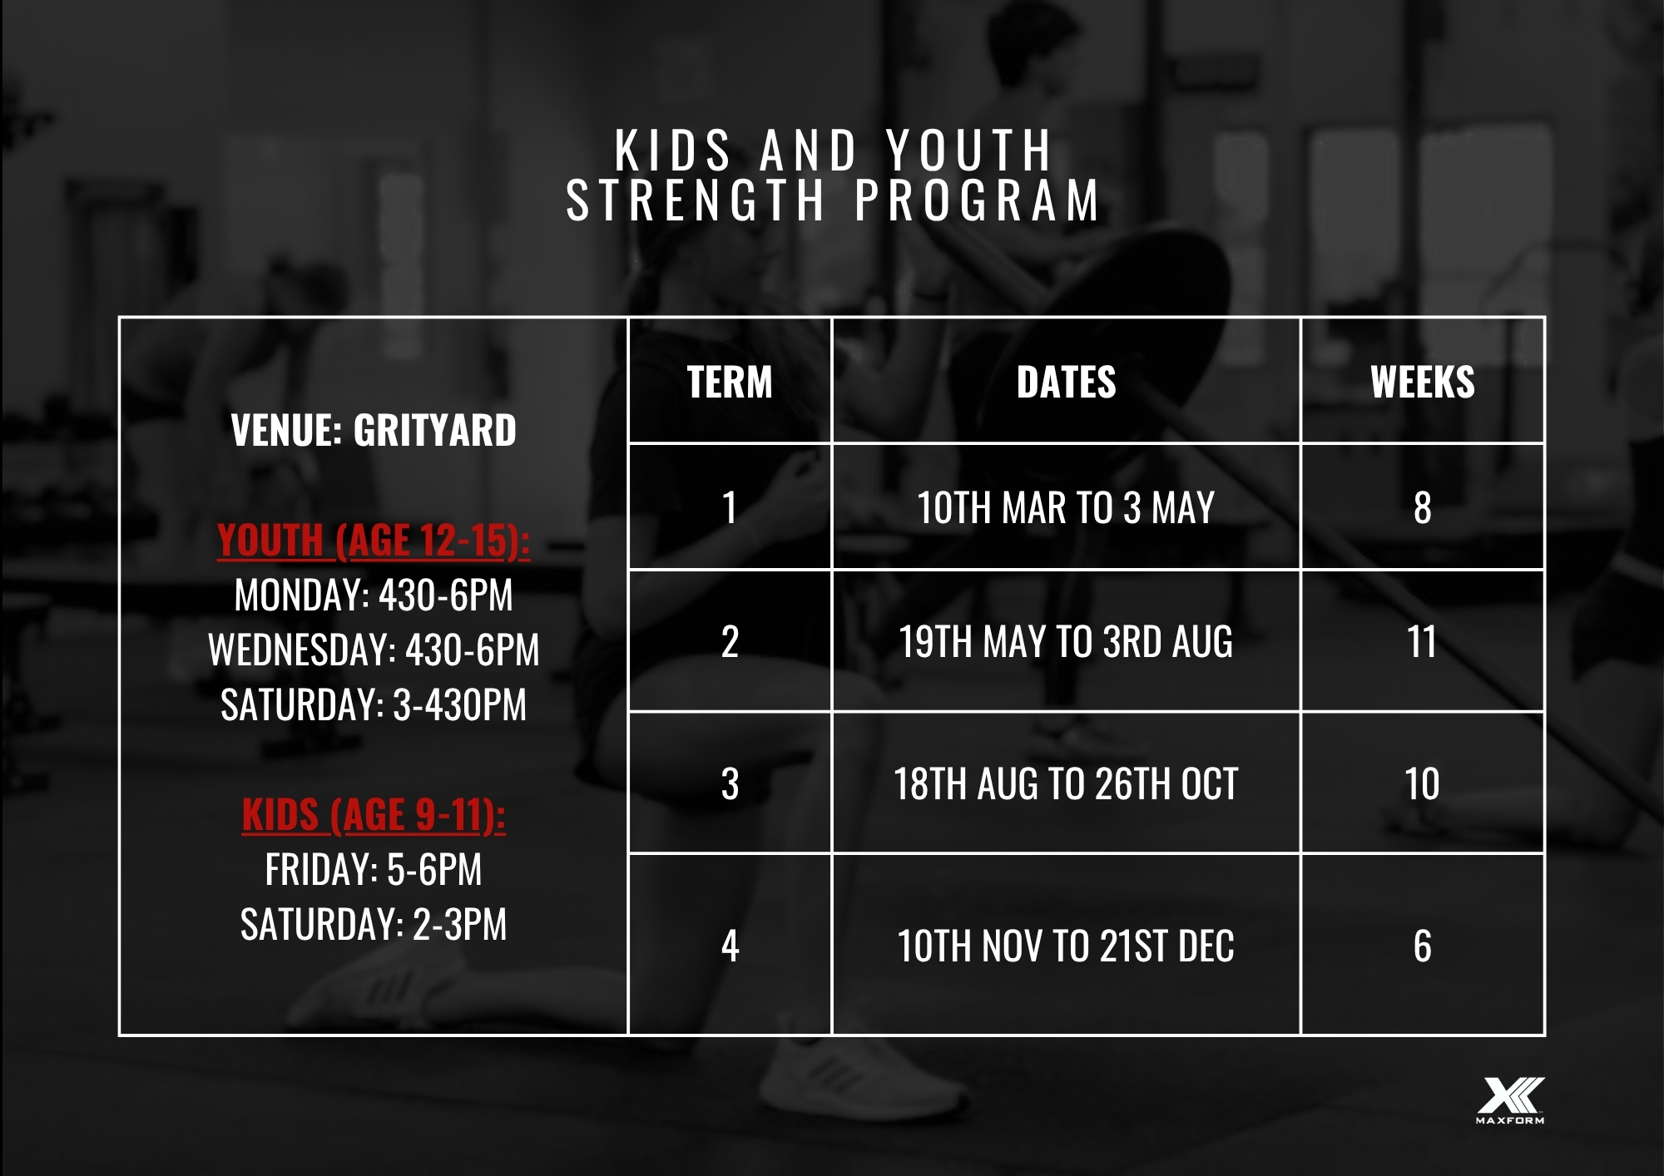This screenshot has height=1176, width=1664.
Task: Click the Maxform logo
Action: tap(1510, 1100)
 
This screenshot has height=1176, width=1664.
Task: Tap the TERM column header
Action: tap(730, 383)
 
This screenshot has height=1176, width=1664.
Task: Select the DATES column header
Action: tap(1066, 383)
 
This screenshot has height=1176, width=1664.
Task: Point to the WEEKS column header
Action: tap(1423, 383)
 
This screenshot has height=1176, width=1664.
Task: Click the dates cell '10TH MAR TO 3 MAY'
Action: tap(1066, 507)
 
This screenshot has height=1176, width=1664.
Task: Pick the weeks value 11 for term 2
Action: tap(1422, 642)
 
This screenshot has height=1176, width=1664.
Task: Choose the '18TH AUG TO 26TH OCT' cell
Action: tap(1066, 783)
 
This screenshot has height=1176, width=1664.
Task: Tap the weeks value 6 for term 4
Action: tap(1423, 946)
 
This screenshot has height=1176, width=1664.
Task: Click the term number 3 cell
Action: tap(730, 783)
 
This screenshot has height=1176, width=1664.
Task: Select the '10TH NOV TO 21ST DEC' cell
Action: tap(1066, 946)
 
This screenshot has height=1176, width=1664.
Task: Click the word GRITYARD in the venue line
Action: tap(435, 430)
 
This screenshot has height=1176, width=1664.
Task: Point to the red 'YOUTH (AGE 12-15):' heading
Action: tap(374, 541)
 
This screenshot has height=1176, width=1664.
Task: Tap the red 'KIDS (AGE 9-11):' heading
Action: tap(374, 815)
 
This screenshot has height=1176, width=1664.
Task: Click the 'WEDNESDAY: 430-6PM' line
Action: tap(374, 650)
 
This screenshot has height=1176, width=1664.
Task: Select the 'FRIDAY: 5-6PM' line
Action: tap(374, 870)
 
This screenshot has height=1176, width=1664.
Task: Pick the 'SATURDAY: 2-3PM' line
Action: tap(374, 924)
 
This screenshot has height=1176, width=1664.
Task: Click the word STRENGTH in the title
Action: tap(696, 200)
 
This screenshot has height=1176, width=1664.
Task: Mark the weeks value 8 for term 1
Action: tap(1423, 507)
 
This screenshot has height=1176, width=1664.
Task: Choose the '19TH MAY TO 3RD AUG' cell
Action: tap(1066, 642)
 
